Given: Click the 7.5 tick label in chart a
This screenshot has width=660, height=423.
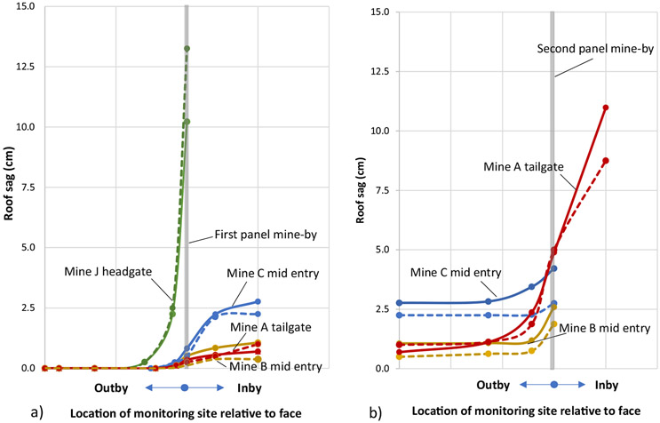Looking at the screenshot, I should coord(26,188).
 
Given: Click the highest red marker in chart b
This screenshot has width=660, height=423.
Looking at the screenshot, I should coord(605,108).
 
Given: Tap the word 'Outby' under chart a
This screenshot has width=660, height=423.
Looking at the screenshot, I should coord(118,388).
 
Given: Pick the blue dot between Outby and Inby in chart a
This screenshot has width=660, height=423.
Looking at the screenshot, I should coord(184,388).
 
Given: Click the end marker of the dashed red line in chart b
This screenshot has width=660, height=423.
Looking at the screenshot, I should coord(605,161).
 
